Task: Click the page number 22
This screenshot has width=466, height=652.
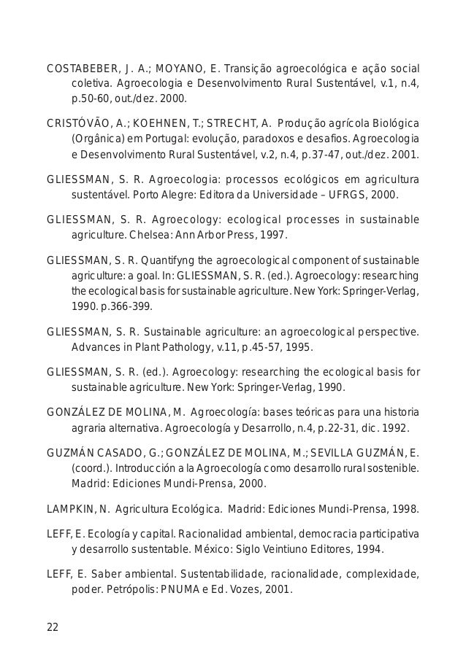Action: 53,626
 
